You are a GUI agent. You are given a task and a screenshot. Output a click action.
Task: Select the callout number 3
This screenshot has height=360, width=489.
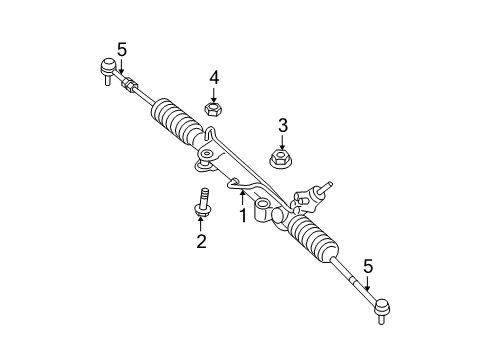tap(283, 124)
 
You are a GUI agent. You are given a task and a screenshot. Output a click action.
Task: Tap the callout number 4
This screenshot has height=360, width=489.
tap(214, 76)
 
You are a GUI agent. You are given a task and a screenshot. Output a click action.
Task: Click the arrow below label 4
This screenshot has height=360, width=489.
tap(213, 92)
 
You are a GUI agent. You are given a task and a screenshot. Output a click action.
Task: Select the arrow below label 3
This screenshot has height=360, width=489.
tap(282, 140)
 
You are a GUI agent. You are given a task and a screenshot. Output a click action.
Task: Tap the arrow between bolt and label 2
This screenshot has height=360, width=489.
tap(200, 222)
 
